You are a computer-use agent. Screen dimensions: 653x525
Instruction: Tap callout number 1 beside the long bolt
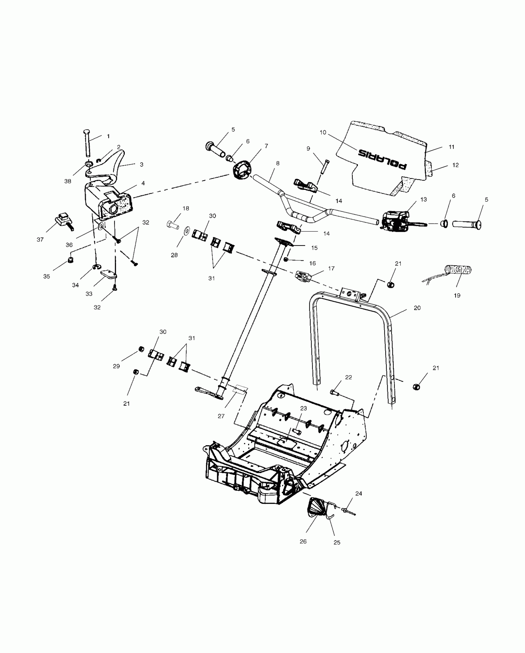tap(108, 136)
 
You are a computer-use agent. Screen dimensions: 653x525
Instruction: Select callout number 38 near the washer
tap(68, 181)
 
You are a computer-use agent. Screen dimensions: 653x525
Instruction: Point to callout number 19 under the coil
tap(457, 295)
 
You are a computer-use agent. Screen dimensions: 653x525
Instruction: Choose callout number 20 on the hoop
tap(417, 308)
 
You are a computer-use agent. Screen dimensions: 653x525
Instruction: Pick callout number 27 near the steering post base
tap(221, 416)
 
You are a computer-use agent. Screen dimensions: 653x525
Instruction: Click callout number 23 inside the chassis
tap(304, 408)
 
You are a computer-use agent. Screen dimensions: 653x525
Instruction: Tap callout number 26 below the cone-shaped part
tap(303, 541)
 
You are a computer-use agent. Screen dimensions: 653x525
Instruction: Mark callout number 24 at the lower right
tap(359, 494)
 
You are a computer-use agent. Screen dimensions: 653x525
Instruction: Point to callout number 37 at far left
tap(40, 239)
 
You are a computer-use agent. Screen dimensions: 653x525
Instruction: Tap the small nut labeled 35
tap(70, 260)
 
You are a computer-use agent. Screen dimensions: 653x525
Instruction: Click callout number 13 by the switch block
tap(424, 199)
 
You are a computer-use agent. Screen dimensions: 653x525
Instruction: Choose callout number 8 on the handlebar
tap(278, 163)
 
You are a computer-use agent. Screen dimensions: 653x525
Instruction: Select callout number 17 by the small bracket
tap(331, 268)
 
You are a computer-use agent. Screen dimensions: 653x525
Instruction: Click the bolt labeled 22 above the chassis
tap(335, 393)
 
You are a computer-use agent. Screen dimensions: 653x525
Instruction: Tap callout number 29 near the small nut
tap(116, 366)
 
